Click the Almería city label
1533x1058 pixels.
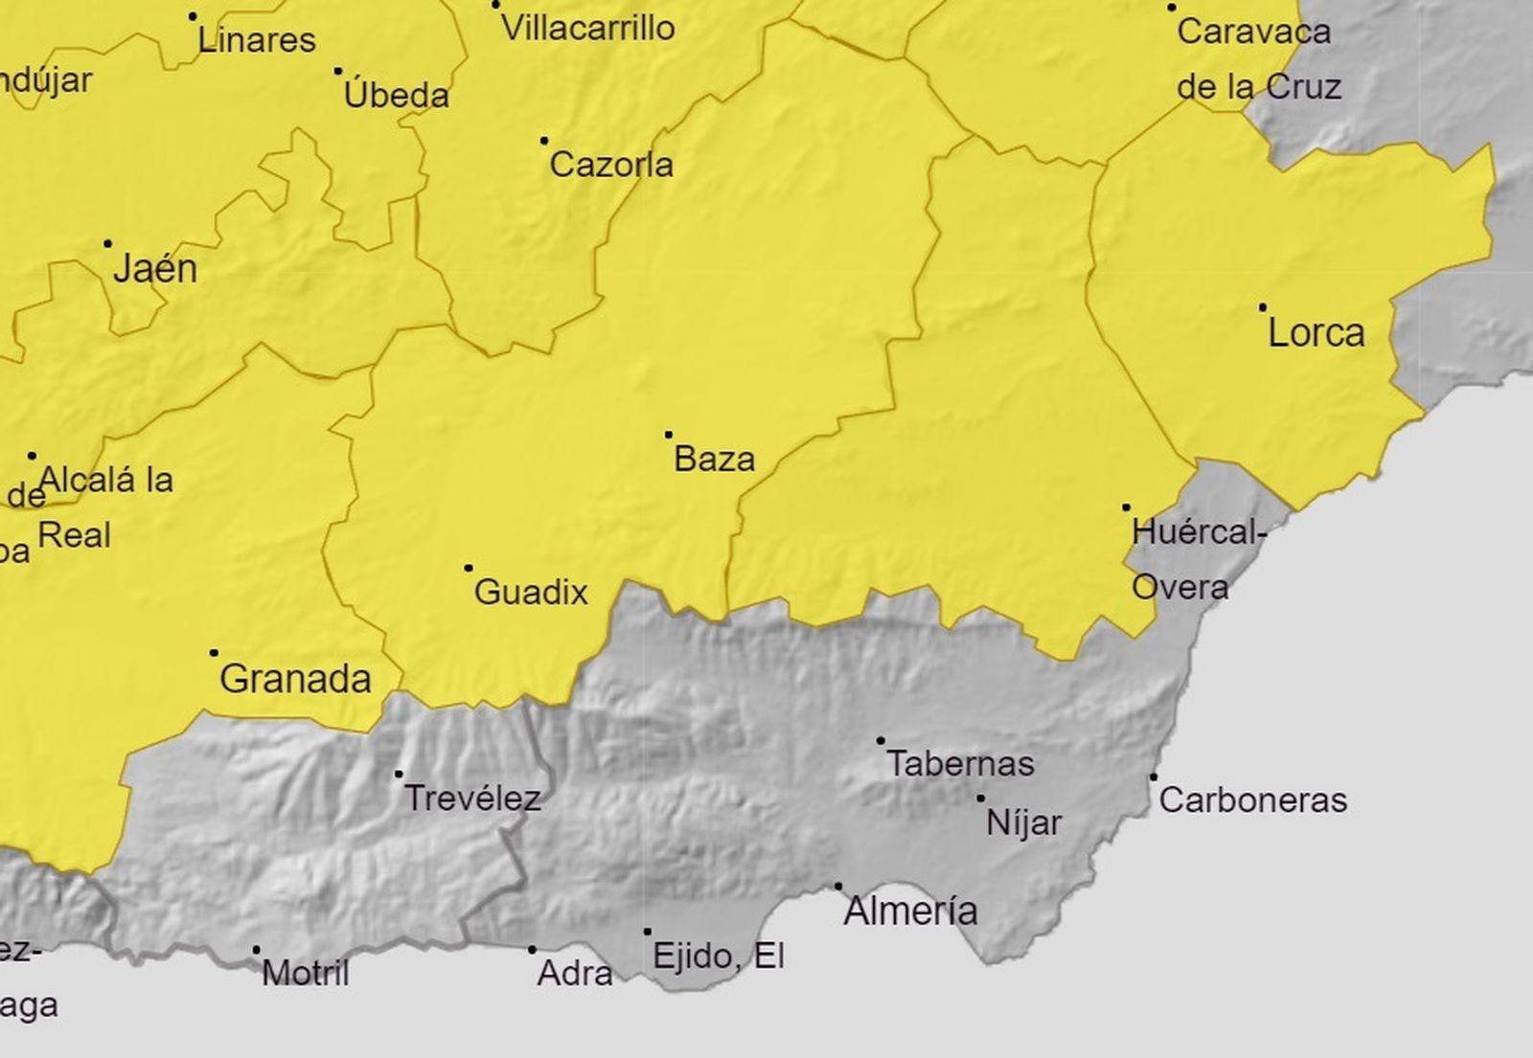(x=910, y=911)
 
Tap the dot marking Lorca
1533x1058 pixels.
(x=1263, y=307)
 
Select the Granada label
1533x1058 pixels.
(x=295, y=679)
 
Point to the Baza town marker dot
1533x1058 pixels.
(x=669, y=435)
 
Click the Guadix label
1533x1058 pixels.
(x=531, y=592)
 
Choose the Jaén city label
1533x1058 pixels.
(x=155, y=269)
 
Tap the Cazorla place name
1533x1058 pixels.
(x=611, y=165)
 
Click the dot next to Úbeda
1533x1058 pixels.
(x=338, y=71)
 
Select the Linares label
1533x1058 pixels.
(x=257, y=40)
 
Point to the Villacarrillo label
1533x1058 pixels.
(x=588, y=28)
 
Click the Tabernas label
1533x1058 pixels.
(x=960, y=764)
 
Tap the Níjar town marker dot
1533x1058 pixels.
(x=980, y=798)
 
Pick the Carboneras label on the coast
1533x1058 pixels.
(x=1253, y=799)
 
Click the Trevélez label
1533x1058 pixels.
(x=472, y=798)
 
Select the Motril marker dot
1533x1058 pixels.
(x=256, y=950)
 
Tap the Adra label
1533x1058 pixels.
(x=575, y=973)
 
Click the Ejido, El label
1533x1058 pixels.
(x=719, y=955)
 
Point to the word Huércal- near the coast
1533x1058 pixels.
(x=1199, y=532)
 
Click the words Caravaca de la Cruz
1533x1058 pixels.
(x=1257, y=59)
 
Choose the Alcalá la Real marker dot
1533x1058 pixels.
(x=32, y=456)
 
